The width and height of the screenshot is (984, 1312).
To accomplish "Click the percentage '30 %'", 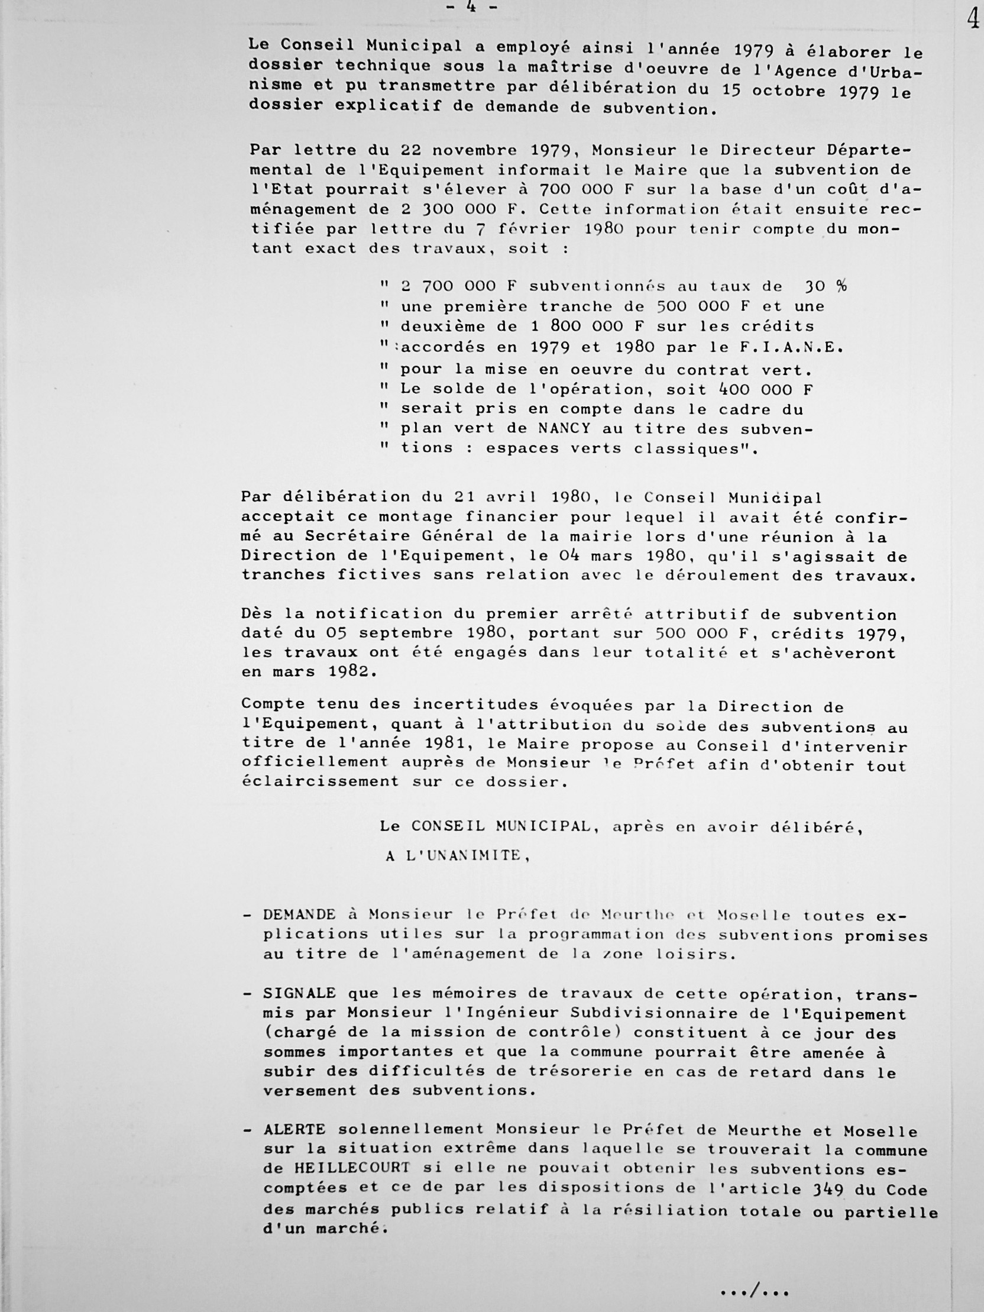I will (825, 286).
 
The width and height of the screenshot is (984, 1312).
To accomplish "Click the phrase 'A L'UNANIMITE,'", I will (457, 855).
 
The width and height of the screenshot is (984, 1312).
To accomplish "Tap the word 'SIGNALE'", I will (300, 993).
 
